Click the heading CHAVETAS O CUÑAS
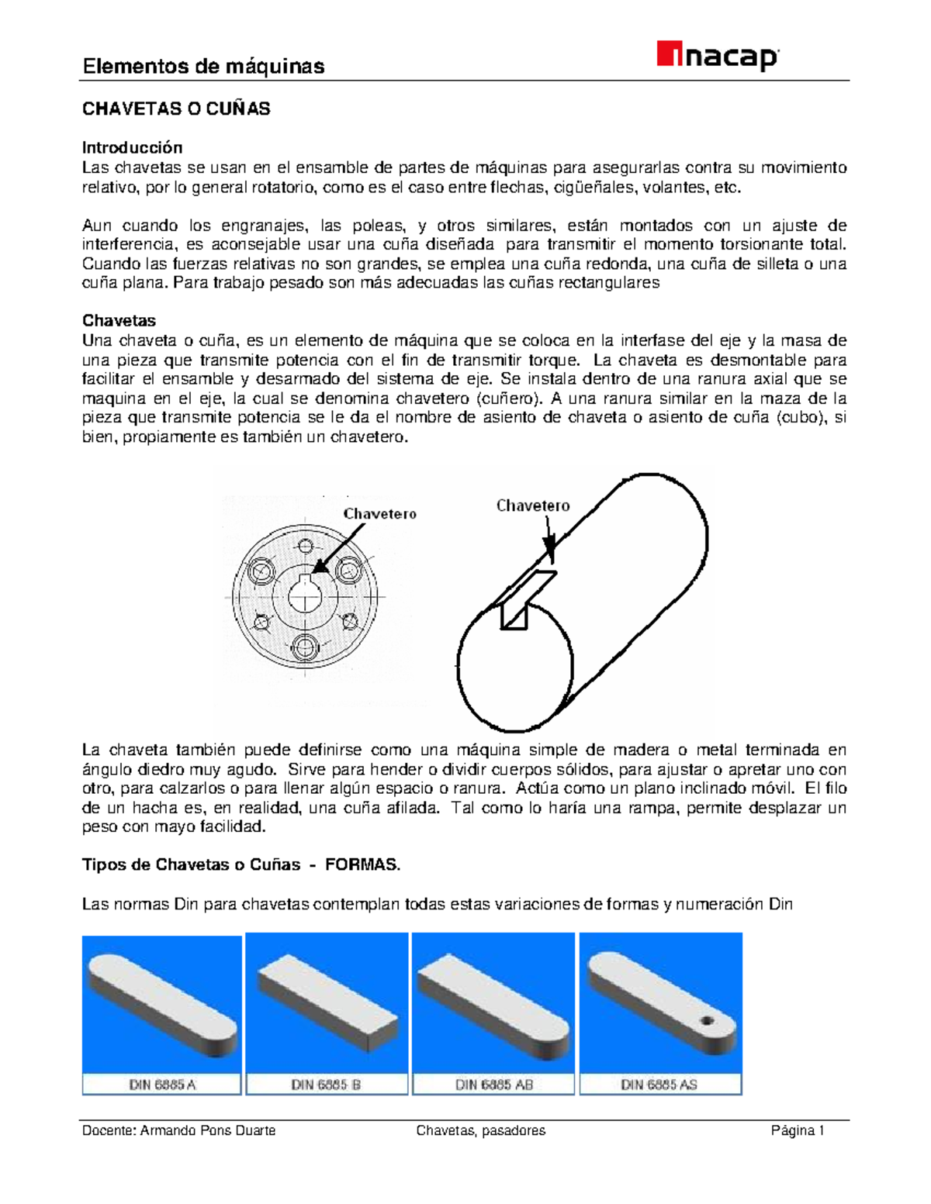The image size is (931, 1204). [176, 109]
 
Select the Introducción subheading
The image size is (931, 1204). [133, 147]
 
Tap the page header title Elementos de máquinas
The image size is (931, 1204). [203, 67]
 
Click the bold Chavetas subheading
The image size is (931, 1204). [119, 321]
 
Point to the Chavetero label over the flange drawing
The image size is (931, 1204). [379, 513]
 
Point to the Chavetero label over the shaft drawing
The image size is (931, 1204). [532, 505]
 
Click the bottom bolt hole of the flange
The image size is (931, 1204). [305, 646]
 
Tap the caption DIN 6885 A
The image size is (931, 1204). [162, 1085]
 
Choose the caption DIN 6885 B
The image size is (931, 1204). [326, 1085]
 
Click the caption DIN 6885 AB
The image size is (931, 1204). [493, 1085]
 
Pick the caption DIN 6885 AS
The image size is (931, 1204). [659, 1085]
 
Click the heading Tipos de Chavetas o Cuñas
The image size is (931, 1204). [191, 865]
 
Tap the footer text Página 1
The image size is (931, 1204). [797, 1131]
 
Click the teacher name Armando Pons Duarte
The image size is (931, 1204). [207, 1131]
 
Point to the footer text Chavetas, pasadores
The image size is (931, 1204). [480, 1131]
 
